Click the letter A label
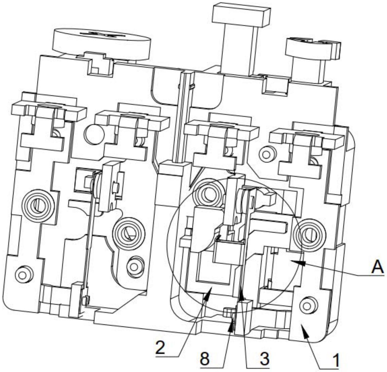(377, 267)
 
